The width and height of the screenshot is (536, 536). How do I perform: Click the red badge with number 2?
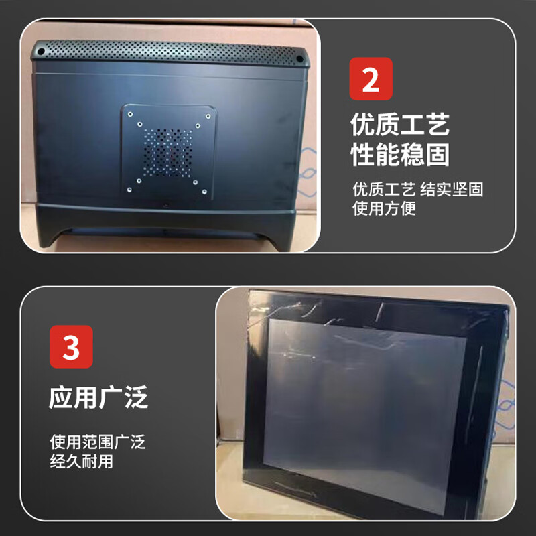pyautogui.click(x=371, y=78)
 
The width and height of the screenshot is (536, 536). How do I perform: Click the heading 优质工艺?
pyautogui.click(x=399, y=125)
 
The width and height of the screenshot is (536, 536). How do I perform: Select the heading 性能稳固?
pyautogui.click(x=399, y=155)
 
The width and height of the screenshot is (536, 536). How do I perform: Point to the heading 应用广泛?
pyautogui.click(x=98, y=397)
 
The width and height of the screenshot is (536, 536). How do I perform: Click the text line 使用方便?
pyautogui.click(x=385, y=208)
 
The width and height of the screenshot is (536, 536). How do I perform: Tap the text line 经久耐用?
pyautogui.click(x=81, y=462)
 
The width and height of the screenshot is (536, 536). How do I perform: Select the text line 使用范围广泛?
pyautogui.click(x=97, y=442)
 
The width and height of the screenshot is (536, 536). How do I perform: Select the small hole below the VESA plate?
pyautogui.click(x=165, y=201)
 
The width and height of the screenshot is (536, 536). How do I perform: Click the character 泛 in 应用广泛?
pyautogui.click(x=136, y=397)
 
